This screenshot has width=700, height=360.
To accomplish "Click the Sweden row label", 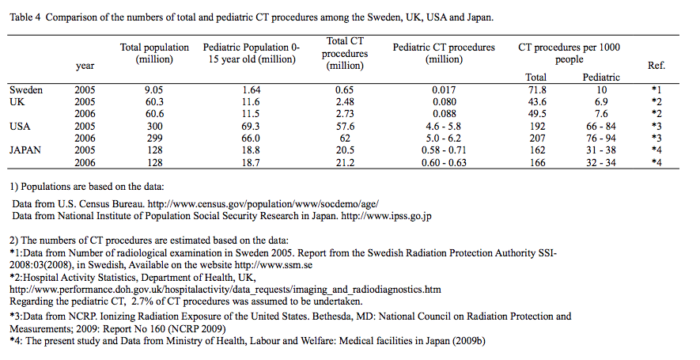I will (x=26, y=90).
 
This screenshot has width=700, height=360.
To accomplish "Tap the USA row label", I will (x=21, y=126).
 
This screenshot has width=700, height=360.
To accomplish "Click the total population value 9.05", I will (x=154, y=90).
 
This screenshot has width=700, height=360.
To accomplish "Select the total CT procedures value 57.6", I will (x=345, y=126).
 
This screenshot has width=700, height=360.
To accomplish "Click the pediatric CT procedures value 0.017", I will (x=444, y=90).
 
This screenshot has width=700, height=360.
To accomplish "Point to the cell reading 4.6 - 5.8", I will (x=444, y=126).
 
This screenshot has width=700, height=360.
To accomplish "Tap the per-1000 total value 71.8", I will (x=535, y=90).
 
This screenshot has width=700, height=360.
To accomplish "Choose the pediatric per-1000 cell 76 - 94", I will (x=601, y=138).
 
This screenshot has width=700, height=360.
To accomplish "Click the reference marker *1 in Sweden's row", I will (x=656, y=90).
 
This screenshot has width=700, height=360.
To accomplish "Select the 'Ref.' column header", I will (x=656, y=66).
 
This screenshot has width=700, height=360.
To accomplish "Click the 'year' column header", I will (x=85, y=66).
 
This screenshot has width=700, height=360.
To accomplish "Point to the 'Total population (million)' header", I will (x=154, y=54).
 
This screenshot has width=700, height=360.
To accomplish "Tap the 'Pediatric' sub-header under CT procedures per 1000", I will (x=601, y=78).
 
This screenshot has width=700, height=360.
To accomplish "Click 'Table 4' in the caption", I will (x=27, y=17).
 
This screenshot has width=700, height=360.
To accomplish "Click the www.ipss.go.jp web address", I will (x=399, y=215).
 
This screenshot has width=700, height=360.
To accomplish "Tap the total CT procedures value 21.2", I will (x=345, y=161).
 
